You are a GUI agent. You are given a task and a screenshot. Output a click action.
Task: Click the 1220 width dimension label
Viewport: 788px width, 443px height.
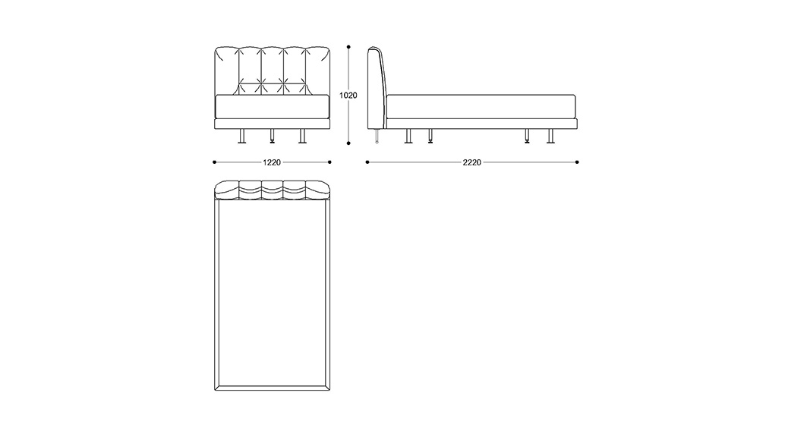(x=271, y=162)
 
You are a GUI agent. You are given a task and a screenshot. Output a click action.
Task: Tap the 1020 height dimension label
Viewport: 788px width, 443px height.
(x=348, y=96)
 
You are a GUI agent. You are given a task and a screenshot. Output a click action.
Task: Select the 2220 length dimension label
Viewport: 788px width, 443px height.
(x=472, y=162)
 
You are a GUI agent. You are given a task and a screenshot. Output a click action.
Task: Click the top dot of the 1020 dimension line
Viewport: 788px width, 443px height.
(x=348, y=47)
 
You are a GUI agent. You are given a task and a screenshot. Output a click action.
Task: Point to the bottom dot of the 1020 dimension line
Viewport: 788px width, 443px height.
(x=348, y=143)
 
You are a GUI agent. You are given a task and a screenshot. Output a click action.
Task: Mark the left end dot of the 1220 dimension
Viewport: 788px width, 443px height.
(x=215, y=162)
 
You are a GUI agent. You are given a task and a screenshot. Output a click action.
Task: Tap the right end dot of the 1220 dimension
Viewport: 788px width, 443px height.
(x=329, y=162)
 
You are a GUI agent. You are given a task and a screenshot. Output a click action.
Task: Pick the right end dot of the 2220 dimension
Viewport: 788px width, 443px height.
(x=577, y=162)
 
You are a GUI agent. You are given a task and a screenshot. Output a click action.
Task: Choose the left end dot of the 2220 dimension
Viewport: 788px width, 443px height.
(x=367, y=162)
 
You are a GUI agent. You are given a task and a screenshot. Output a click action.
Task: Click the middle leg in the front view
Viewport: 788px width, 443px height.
(x=273, y=136)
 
